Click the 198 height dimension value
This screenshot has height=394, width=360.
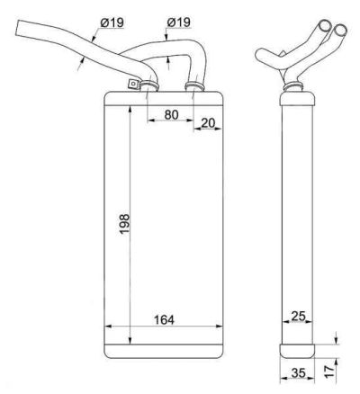point(124,224)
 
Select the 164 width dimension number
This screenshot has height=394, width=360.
point(164,319)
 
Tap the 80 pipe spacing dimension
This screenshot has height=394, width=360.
point(171,114)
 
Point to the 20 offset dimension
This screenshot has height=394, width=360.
point(208,122)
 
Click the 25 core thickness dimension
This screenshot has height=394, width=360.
point(298,316)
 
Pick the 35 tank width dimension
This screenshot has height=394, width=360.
point(298,373)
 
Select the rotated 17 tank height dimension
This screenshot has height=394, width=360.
point(329,372)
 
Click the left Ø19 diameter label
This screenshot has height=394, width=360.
point(112,22)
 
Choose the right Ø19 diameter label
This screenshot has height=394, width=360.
point(178,22)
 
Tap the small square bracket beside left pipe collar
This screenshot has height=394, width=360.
point(132,84)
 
